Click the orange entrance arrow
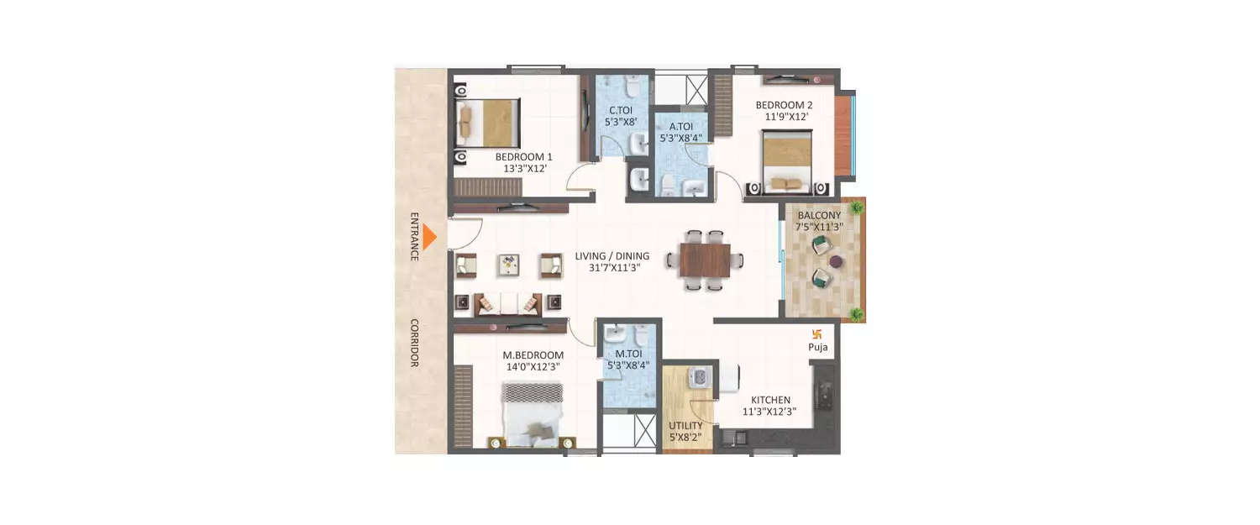point(429,238)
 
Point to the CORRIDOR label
point(414,342)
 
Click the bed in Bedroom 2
point(788,164)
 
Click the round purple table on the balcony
point(836,261)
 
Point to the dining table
point(705,260)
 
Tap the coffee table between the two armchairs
point(509,265)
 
